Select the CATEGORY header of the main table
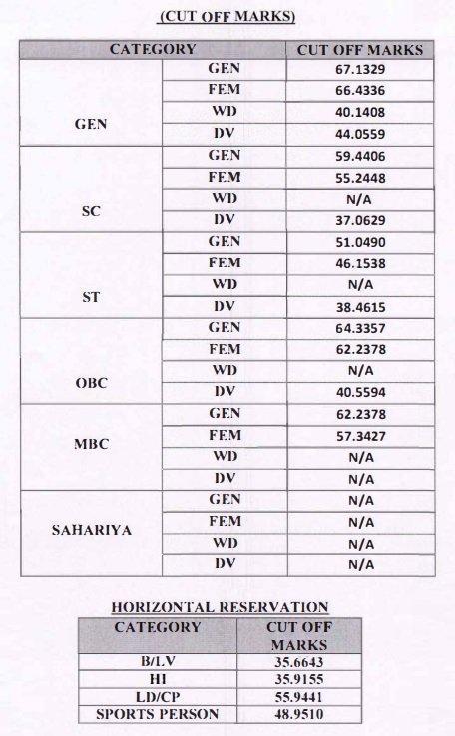(153, 49)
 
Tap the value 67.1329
(361, 71)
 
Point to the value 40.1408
(361, 113)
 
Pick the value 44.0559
(361, 134)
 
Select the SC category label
(91, 211)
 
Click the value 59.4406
(361, 157)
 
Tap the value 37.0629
(361, 220)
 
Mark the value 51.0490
(361, 242)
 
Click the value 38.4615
(361, 306)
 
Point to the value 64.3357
(361, 328)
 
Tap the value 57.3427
(361, 436)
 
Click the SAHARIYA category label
(91, 531)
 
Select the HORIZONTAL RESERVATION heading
(220, 606)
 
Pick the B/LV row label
(158, 660)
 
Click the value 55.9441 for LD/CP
(298, 696)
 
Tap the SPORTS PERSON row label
(158, 714)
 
